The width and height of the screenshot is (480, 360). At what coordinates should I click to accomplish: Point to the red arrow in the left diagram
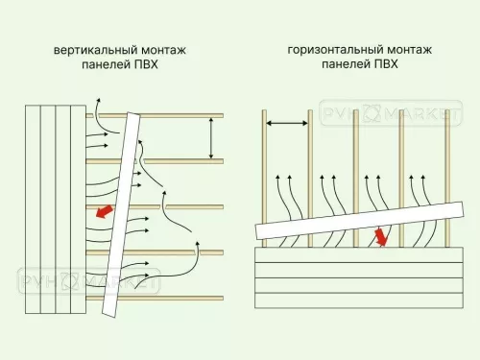click(104, 211)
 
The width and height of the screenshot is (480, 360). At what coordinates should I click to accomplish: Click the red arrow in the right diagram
click(382, 236)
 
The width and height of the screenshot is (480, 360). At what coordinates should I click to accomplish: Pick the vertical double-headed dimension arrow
click(211, 137)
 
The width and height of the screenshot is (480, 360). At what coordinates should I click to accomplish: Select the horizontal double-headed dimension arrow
click(286, 123)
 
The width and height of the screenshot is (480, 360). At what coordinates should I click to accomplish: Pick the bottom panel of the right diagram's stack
click(355, 300)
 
